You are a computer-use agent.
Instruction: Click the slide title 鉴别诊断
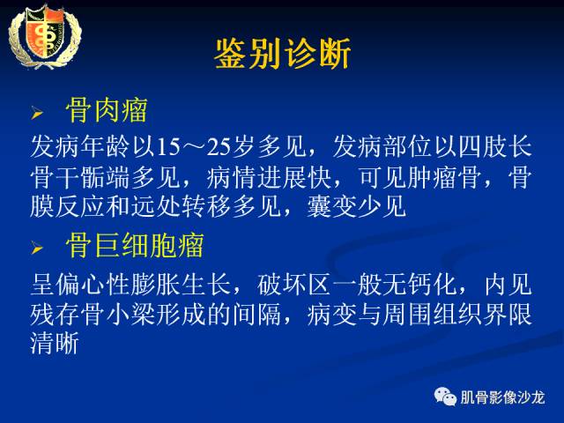tap(282, 54)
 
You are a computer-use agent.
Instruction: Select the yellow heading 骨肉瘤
tap(106, 111)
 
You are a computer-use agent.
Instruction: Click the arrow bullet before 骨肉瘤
tap(37, 114)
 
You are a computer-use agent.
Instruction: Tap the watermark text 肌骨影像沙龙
tap(504, 397)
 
